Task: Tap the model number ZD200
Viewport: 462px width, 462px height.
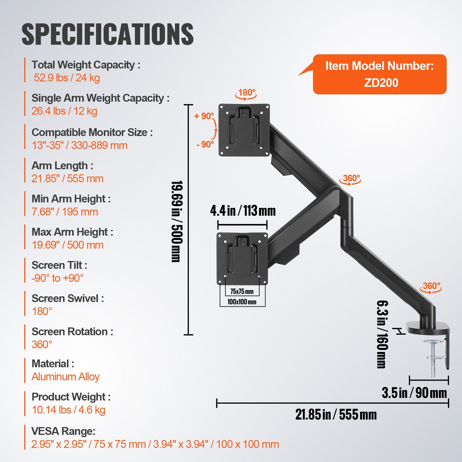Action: (381, 83)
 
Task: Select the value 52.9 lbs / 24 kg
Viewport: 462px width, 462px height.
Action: (67, 78)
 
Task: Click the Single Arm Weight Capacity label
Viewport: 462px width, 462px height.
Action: (100, 98)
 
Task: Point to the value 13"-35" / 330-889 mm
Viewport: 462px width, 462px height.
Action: (80, 145)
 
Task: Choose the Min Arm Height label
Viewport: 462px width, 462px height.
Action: (71, 199)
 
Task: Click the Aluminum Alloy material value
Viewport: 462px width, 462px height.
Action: (66, 377)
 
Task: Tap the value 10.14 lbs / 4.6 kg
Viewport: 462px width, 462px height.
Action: (69, 410)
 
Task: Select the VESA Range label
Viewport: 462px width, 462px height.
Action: (63, 431)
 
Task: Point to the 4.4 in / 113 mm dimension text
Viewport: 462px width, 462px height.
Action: (243, 210)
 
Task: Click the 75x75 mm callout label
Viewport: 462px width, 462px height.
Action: (242, 291)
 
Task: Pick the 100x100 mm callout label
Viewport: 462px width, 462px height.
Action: (242, 302)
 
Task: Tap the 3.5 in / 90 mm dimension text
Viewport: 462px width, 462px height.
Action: (414, 393)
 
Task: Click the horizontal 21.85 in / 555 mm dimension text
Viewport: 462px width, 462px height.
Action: (336, 415)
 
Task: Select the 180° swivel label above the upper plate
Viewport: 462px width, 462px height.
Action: (247, 93)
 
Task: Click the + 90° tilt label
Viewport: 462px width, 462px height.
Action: (204, 116)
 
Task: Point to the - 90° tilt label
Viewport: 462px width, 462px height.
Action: (205, 144)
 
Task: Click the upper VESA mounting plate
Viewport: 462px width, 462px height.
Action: (244, 130)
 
